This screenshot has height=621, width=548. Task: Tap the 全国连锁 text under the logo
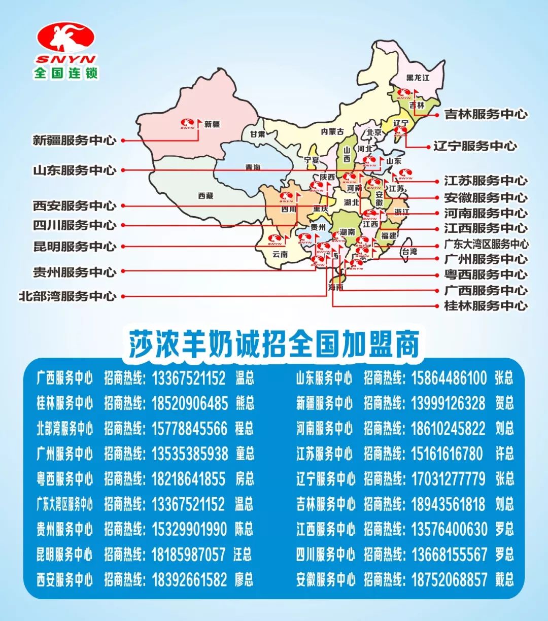(65, 73)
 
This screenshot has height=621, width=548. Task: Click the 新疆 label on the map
(212, 124)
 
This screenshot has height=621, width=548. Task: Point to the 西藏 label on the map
(205, 196)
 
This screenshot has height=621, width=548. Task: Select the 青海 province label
(253, 167)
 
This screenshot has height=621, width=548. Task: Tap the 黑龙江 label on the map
(418, 78)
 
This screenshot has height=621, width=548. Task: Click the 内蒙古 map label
(332, 132)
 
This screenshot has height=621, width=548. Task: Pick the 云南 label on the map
(280, 254)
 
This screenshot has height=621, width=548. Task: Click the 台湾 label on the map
(409, 252)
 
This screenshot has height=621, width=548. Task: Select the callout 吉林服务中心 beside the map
(486, 115)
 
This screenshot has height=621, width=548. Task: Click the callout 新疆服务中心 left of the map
(75, 141)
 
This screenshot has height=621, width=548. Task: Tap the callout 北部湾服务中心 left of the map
(67, 296)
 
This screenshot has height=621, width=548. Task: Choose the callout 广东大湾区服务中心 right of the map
(486, 244)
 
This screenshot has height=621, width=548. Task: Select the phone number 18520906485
(190, 403)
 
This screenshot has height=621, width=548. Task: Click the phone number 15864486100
(449, 378)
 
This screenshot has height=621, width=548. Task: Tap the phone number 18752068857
(449, 579)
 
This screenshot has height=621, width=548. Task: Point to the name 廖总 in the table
(244, 579)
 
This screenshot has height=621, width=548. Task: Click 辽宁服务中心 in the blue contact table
(325, 478)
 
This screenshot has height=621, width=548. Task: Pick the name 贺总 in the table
(504, 403)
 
